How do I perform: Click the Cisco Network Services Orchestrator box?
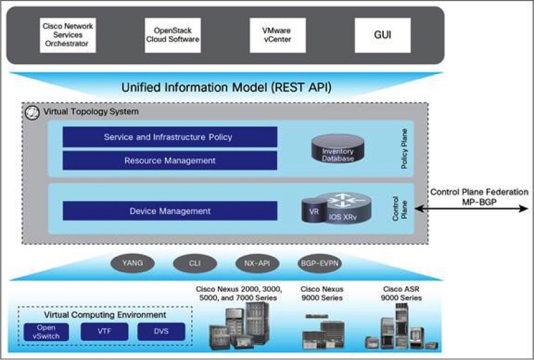point(68,35)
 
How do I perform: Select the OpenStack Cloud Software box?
point(173,35)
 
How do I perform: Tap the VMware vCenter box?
point(278,35)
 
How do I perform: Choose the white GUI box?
point(383,35)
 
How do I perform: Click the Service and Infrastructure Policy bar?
point(170,137)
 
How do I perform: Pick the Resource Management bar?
point(170,161)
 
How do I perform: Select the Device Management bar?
point(170,211)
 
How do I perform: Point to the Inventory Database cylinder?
point(338,148)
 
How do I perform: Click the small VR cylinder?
point(314,211)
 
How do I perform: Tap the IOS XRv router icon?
point(349,208)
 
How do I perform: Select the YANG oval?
point(132,263)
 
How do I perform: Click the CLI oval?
point(195,263)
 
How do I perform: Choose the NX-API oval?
point(257,263)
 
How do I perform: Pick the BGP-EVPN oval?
point(319,263)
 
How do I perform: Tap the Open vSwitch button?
point(46,332)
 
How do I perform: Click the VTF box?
point(104,332)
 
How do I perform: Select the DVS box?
point(161,332)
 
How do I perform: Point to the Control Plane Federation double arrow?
point(471,209)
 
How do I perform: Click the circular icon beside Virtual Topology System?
point(33,113)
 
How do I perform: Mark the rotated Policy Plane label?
point(404,148)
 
